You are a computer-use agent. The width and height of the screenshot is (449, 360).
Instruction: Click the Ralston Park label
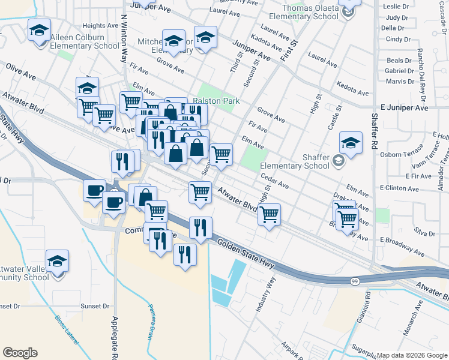(216, 101)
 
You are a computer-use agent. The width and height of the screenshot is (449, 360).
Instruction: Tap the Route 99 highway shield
(355, 281)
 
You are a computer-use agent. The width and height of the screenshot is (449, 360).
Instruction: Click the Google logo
(20, 353)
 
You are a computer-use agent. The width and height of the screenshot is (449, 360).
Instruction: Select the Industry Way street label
(266, 295)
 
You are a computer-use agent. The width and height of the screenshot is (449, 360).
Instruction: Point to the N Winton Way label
(125, 40)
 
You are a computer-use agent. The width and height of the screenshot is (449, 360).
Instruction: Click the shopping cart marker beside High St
(270, 213)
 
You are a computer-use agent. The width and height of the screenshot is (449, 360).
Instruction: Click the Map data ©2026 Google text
(412, 355)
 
